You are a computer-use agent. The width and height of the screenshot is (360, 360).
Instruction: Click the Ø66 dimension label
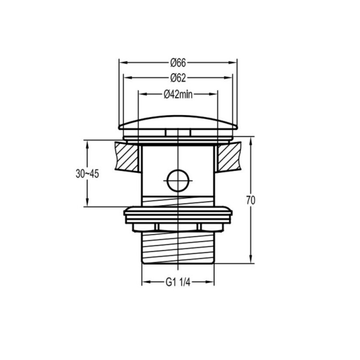point(178,63)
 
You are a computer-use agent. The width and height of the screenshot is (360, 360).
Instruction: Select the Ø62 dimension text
point(178,78)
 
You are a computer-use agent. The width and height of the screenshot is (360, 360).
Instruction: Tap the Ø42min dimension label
point(178,94)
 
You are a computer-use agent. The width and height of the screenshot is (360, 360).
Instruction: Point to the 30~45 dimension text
point(87,174)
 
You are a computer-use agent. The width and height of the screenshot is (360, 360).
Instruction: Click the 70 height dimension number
point(251,200)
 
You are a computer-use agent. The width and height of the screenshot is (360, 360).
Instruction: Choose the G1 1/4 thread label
point(178,282)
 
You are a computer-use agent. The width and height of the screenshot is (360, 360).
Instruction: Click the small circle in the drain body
point(178,181)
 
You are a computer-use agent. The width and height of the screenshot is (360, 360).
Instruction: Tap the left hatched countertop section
point(127,157)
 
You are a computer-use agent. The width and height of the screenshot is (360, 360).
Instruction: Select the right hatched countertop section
point(229,157)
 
